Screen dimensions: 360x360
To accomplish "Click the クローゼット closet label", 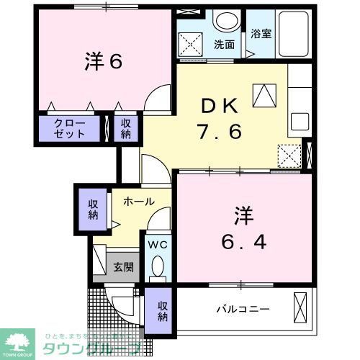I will (71, 129).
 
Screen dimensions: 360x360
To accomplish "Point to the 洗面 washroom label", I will (224, 45).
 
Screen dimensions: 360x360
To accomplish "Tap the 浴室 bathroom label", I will (261, 34).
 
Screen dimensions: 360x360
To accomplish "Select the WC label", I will (158, 245).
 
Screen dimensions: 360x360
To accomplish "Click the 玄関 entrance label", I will (123, 266).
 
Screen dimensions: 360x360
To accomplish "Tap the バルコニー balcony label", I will (243, 310).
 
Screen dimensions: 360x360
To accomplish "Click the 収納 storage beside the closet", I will (126, 129).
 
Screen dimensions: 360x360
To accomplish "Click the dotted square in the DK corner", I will (289, 154).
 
